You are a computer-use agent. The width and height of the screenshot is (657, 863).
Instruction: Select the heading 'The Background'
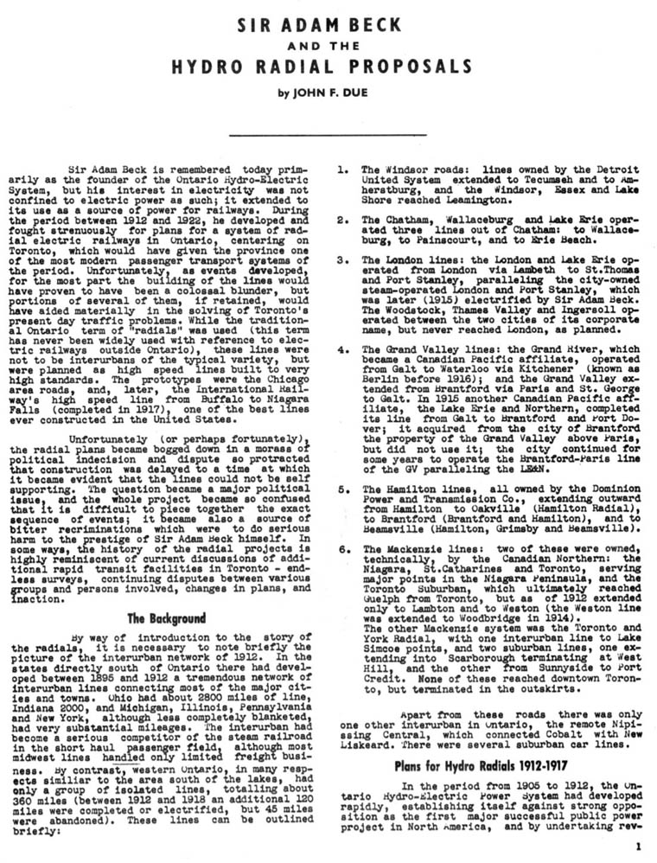tap(166, 618)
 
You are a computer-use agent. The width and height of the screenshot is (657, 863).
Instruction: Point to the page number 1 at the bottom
tap(637, 847)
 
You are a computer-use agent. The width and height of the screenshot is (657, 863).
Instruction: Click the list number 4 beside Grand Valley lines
tap(342, 350)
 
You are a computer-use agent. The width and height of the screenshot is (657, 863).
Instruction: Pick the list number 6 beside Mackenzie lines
tap(342, 548)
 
